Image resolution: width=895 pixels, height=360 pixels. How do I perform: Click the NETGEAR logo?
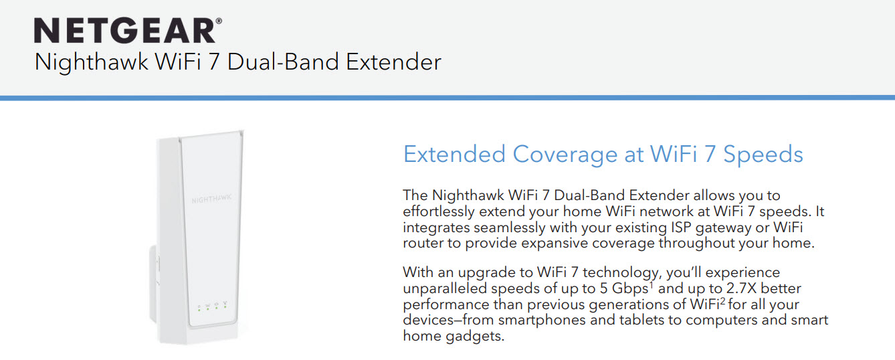[x=128, y=30]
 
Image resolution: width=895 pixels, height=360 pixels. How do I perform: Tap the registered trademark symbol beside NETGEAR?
[x=219, y=21]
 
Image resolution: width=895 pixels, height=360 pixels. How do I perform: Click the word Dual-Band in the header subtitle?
[x=283, y=62]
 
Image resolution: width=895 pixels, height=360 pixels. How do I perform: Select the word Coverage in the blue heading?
[x=565, y=155]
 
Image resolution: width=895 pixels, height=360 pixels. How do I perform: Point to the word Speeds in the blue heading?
[x=763, y=155]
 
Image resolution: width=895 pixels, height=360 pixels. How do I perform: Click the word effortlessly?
[x=438, y=211]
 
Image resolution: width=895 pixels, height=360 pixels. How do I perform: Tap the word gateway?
[x=723, y=228]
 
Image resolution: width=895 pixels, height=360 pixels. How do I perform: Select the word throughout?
[x=696, y=243]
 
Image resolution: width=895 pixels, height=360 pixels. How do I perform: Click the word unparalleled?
[x=444, y=288]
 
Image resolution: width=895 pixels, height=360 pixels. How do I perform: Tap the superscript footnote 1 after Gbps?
[x=651, y=285]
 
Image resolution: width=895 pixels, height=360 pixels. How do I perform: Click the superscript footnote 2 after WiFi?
[x=722, y=301]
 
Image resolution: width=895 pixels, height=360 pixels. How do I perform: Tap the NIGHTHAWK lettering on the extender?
[x=211, y=199]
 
